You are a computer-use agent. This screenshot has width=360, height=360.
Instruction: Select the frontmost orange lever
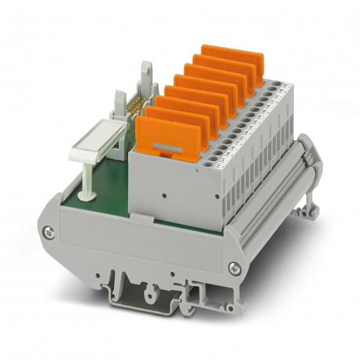(163, 133)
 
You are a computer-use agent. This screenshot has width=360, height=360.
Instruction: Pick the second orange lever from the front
(174, 119)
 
